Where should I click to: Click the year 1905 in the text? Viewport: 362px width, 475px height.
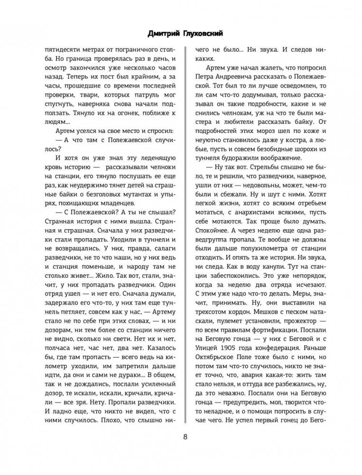click(230, 356)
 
